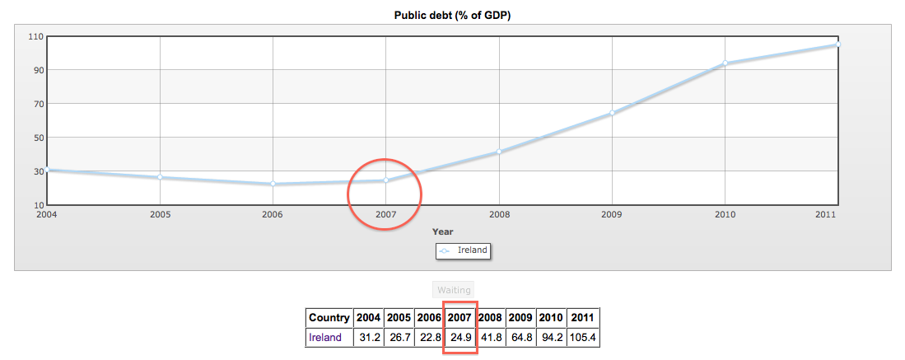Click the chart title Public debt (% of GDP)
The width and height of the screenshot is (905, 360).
tap(452, 15)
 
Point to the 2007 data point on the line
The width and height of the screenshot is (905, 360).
tap(385, 180)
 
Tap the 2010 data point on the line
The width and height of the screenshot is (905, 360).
tap(725, 63)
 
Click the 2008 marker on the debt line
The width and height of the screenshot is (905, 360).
tap(498, 152)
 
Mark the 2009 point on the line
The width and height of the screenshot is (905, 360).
tap(612, 113)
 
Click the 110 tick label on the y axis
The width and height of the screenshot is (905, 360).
tap(35, 36)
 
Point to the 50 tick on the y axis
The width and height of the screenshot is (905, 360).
tap(39, 138)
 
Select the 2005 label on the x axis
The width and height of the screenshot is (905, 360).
tap(160, 214)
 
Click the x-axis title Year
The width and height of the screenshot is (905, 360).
tap(443, 231)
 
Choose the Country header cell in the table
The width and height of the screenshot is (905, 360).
tap(329, 318)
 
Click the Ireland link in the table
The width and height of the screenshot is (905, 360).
tap(324, 337)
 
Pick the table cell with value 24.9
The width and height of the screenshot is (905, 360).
tap(460, 337)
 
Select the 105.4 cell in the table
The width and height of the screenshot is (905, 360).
tap(583, 337)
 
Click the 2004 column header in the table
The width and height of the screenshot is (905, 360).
tap(368, 318)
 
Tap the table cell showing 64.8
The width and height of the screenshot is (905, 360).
tap(520, 337)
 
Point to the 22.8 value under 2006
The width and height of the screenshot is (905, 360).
tap(429, 337)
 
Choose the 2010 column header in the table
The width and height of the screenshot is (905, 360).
tap(550, 318)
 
